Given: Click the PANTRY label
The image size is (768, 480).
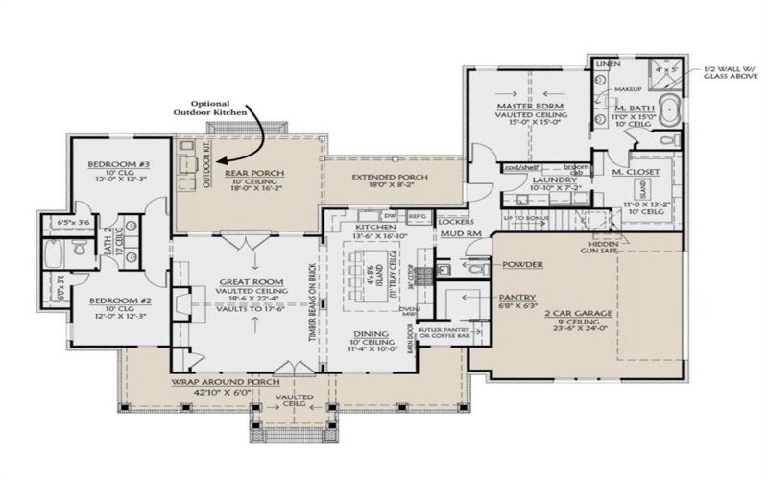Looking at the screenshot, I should [x=517, y=298].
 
